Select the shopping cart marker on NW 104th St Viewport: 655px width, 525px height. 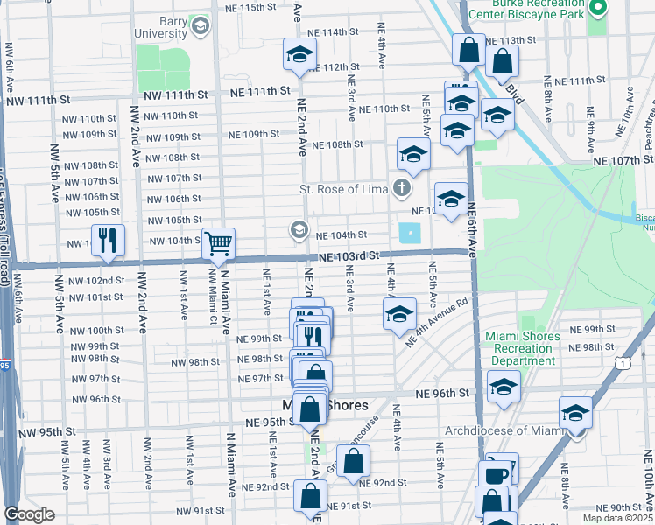point(218,244)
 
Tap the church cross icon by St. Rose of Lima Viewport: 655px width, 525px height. point(401,187)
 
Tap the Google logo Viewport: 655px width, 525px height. point(29,514)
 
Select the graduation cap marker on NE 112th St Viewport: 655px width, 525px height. point(299,56)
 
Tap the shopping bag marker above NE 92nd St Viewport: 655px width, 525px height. point(354,462)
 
